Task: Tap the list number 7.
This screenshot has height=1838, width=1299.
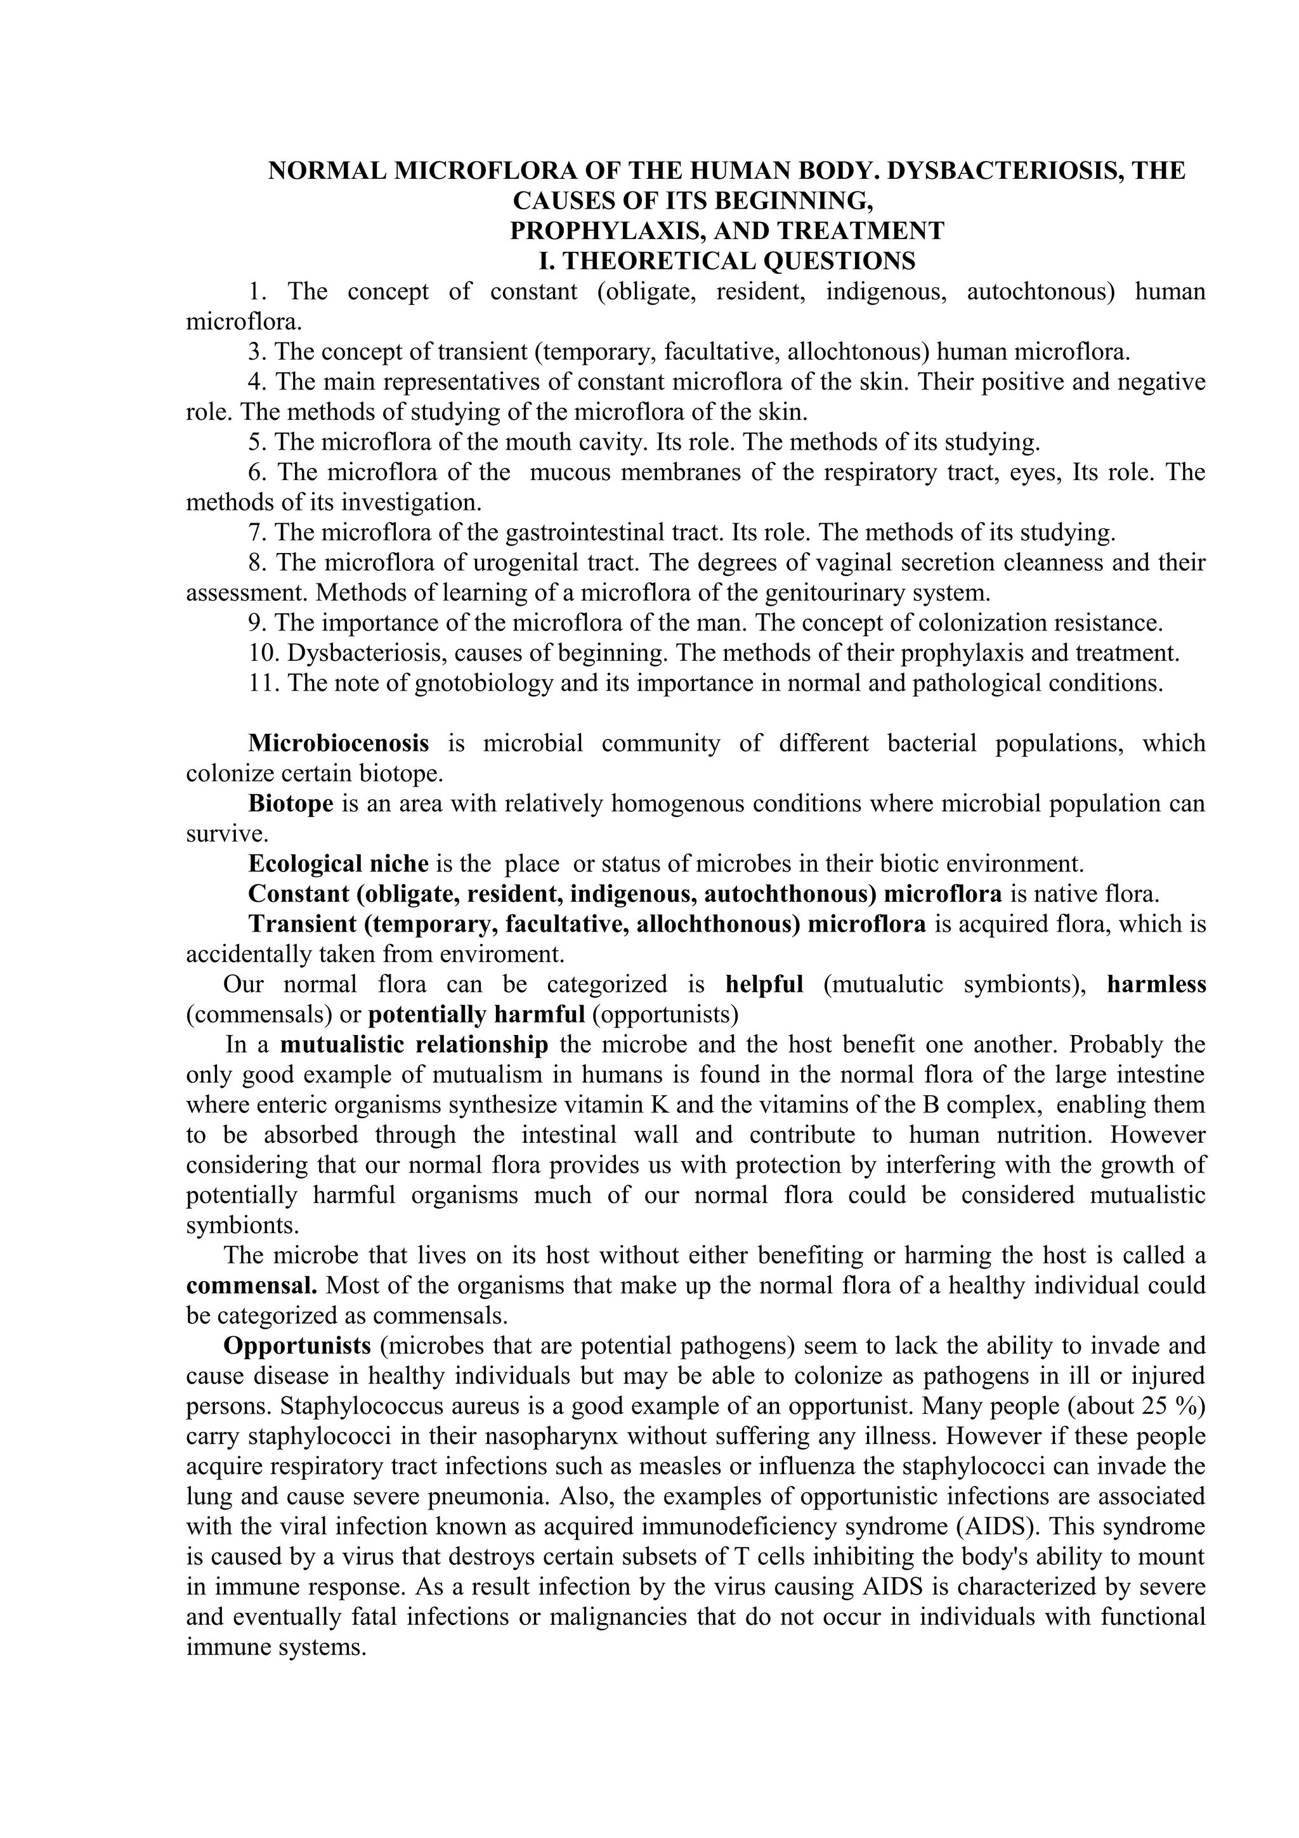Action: (257, 532)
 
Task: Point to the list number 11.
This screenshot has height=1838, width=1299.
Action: (262, 683)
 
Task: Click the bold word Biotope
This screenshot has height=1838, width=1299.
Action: (290, 803)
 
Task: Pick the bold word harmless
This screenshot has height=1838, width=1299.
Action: (1156, 984)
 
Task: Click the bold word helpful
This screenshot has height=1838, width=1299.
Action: (764, 984)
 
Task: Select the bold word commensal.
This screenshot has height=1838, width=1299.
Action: (251, 1286)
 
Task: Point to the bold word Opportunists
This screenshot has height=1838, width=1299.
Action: (297, 1346)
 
